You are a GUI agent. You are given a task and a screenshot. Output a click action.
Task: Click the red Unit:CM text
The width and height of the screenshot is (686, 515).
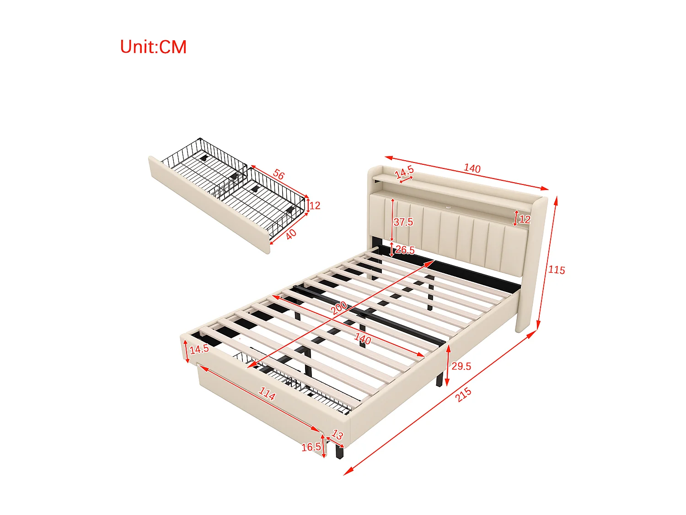point(153,47)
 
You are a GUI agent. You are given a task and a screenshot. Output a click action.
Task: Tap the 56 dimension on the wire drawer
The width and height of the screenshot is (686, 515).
point(279,174)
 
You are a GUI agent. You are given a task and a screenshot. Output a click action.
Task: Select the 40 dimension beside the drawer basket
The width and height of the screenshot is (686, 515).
point(291,234)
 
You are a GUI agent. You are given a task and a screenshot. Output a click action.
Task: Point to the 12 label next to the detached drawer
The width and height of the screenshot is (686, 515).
point(315,206)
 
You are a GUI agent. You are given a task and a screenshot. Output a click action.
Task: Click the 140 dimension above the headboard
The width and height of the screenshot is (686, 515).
point(472,168)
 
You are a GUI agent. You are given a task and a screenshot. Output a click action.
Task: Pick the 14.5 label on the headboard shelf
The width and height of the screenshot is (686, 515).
point(404,172)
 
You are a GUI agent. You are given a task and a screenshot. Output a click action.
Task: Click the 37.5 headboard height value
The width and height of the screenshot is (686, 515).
point(403,222)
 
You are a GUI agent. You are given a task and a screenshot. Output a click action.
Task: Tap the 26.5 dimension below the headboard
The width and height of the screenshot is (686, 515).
point(405,250)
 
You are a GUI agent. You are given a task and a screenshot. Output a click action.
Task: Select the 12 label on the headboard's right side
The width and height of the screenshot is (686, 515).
point(525,219)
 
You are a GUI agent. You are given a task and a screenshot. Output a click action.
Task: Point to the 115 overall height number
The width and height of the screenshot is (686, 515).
point(557,270)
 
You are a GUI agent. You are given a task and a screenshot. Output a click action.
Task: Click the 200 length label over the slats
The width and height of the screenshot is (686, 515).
point(339,308)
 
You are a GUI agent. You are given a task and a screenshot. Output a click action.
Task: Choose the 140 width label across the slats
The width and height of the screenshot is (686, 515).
point(363,339)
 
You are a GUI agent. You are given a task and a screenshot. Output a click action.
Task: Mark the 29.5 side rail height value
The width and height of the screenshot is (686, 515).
point(461,366)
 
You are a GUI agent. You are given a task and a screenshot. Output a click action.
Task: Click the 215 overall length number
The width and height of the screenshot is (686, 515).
point(463,395)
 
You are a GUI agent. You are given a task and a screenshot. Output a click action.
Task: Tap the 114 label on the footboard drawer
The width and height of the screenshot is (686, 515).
point(267,393)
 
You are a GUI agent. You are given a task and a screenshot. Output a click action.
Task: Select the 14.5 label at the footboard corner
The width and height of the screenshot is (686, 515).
point(199,349)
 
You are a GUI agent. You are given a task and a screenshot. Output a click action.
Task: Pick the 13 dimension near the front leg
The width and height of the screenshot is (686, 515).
point(337,434)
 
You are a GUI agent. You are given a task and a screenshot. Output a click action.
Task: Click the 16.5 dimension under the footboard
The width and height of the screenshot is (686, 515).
point(311,447)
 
